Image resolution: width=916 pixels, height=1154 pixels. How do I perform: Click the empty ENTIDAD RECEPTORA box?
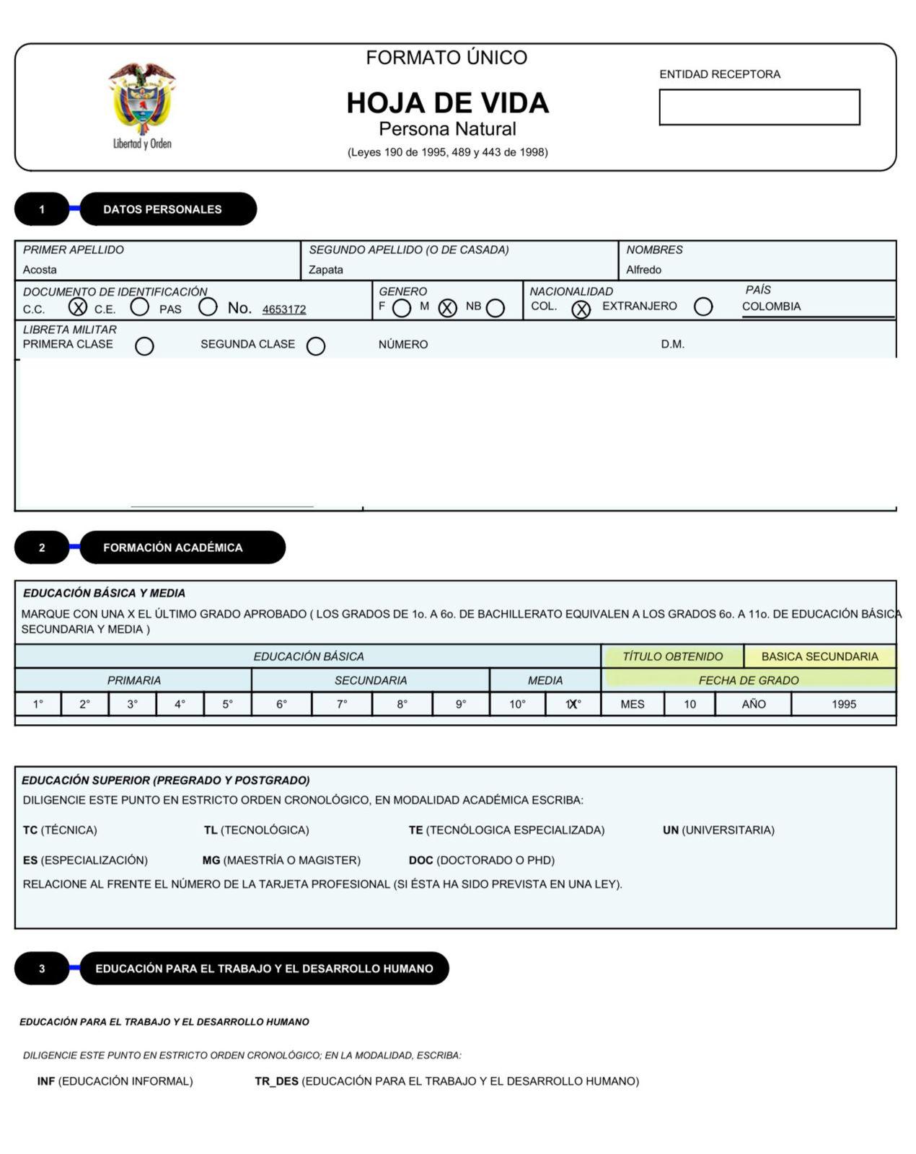point(759,107)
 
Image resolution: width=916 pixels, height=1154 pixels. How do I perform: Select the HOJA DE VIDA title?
point(447,103)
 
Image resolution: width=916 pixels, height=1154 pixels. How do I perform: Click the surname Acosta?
point(40,270)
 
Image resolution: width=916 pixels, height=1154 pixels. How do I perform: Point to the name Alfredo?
point(643,270)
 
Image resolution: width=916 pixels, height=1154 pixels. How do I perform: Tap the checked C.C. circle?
point(78,307)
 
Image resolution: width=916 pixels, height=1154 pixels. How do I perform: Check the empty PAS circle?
point(208,307)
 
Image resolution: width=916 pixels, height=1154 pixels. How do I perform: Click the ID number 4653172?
point(284,309)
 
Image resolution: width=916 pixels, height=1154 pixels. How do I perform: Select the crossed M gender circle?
point(447,308)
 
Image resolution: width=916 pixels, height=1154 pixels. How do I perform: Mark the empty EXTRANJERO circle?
point(703,307)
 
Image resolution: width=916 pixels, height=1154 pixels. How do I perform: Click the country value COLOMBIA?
point(771,307)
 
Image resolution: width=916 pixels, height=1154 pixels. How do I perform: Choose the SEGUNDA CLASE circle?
point(315,346)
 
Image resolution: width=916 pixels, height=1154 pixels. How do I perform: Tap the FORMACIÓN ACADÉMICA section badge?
point(182,547)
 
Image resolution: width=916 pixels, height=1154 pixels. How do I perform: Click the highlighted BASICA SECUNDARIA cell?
point(819,656)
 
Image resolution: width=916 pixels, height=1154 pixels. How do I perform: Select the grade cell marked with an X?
point(573,704)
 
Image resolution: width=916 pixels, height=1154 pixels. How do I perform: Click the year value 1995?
point(843,704)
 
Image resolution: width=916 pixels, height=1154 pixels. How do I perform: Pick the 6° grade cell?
point(281,704)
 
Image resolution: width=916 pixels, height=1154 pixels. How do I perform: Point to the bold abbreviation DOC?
point(420,860)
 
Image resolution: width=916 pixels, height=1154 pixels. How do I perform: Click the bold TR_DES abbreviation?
point(276,1081)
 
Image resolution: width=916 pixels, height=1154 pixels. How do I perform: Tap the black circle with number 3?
point(42,969)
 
